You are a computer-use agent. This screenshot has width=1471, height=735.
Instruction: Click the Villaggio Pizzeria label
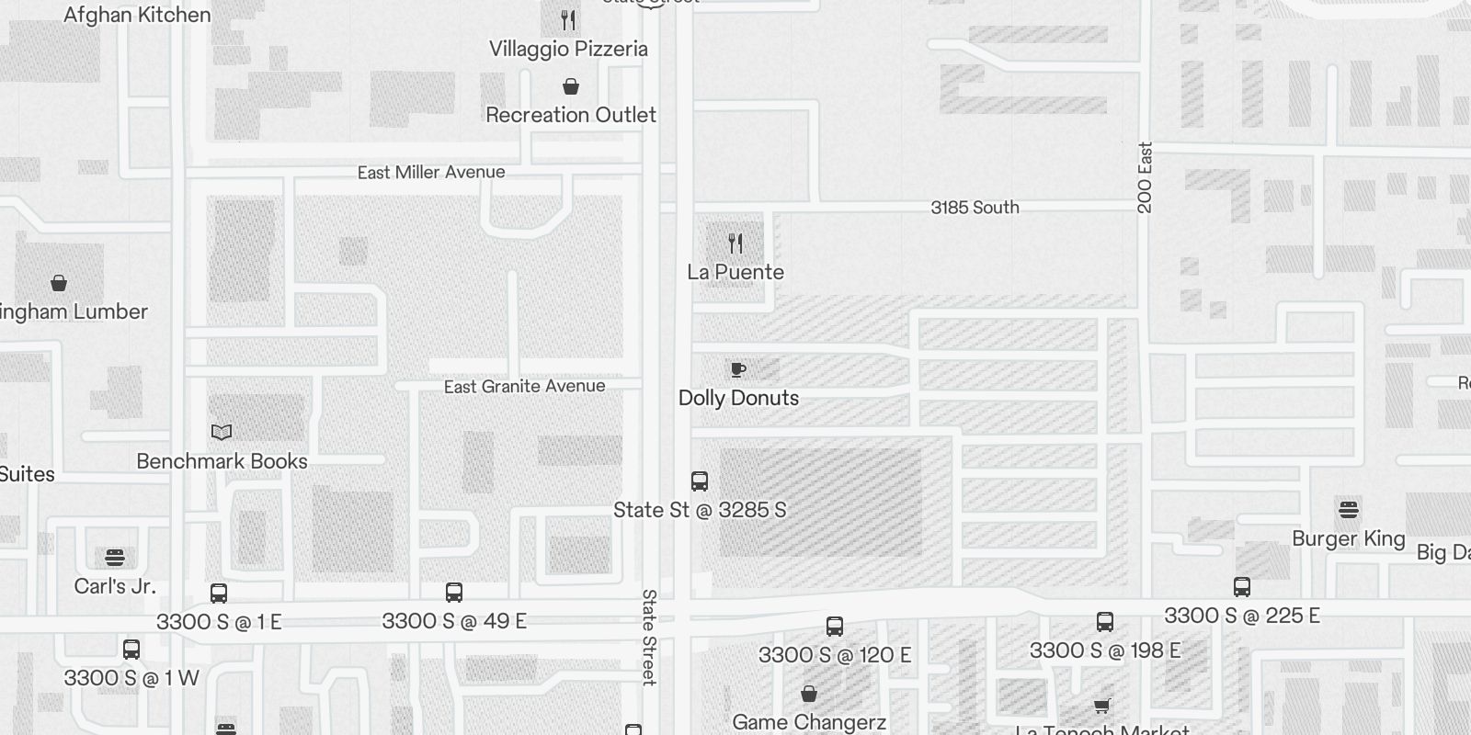pos(568,49)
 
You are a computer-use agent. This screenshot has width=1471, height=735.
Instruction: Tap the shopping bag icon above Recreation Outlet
pos(571,87)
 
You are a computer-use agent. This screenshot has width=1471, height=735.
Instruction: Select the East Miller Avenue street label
pos(431,172)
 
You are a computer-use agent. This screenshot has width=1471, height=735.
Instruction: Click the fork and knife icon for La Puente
pos(735,243)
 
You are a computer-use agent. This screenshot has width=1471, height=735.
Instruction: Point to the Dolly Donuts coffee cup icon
pos(737,369)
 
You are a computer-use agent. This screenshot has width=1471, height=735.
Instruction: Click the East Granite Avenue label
pos(524,387)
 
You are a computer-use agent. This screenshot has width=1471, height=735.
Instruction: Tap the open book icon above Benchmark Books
pos(222,432)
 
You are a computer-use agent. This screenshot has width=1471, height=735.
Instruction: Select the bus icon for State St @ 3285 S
pos(700,481)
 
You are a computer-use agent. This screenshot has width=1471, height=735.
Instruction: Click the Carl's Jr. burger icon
pos(115,558)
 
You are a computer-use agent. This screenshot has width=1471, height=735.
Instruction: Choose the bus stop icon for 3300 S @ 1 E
pos(219,594)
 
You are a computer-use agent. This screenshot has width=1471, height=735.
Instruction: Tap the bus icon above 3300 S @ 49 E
pos(454,593)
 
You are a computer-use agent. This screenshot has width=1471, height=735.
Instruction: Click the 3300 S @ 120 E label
pos(834,655)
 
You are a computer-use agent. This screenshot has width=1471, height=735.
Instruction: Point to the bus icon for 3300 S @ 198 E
pos(1105,622)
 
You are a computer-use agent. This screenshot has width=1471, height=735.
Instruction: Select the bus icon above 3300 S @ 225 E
pos(1242,587)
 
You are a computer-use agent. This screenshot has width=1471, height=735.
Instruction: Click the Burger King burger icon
pos(1349,509)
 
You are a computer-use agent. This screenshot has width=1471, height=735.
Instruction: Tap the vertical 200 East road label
pos(1145,177)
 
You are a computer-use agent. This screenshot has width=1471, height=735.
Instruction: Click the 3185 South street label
pos(975,208)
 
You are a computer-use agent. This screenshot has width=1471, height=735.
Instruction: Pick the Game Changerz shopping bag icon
pos(809,694)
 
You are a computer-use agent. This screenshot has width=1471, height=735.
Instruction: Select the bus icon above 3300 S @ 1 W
pos(131,650)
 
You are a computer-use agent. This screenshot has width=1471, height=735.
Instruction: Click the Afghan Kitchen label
pos(137,15)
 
